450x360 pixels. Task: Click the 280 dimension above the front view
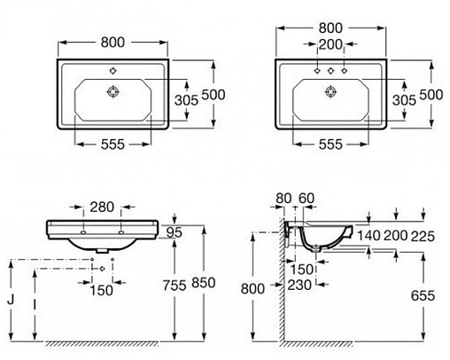coord(102,207)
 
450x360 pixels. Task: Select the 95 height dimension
coord(174,232)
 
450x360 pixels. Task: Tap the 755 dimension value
coord(175,286)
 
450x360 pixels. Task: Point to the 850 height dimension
coord(204,283)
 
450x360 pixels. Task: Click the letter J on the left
coord(11,300)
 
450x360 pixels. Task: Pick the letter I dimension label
coord(35,304)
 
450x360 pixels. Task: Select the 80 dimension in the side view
coord(283,199)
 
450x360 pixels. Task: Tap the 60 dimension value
coord(306,199)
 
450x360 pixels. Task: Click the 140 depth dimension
coord(369,236)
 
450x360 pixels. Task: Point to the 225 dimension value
coord(423,236)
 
